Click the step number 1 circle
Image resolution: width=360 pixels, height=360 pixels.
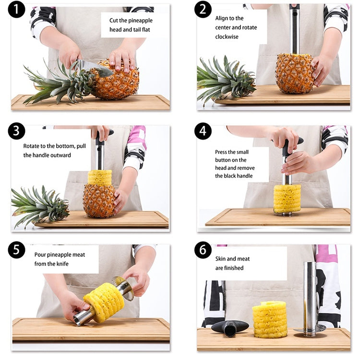click(16, 9)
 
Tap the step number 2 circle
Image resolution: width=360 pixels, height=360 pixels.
click(203, 9)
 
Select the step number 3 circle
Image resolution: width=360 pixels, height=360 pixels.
click(16, 131)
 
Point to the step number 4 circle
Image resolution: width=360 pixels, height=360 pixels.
click(203, 131)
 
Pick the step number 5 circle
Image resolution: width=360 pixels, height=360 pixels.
click(16, 250)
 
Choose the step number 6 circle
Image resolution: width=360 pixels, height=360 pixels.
click(203, 250)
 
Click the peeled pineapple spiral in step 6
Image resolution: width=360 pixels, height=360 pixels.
click(269, 319)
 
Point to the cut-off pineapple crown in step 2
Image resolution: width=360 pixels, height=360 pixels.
click(225, 79)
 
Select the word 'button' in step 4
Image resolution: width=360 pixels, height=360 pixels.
click(224, 160)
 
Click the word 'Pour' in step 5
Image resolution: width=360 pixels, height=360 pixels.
click(40, 254)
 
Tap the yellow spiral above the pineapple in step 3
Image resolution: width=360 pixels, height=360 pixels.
click(100, 178)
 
